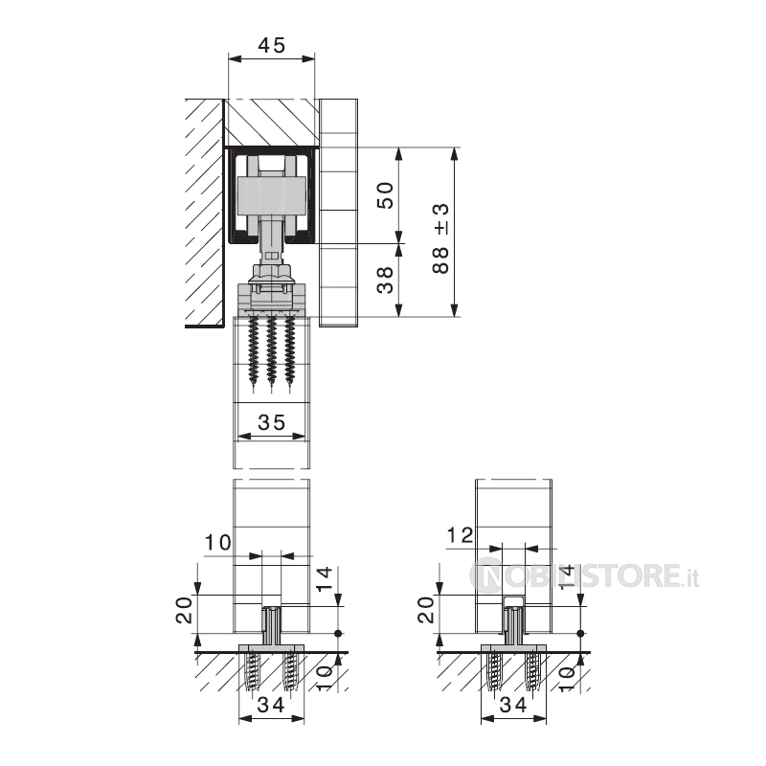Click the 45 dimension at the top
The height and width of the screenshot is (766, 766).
[271, 45]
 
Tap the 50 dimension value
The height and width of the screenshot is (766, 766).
[386, 195]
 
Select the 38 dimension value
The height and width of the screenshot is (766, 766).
[386, 280]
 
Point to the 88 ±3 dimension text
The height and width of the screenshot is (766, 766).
[440, 238]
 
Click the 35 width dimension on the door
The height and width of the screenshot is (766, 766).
[272, 422]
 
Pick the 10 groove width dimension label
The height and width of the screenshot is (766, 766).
[217, 543]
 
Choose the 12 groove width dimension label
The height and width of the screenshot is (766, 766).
[461, 535]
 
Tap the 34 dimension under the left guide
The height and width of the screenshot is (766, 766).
[271, 705]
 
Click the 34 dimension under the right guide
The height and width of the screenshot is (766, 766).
[513, 705]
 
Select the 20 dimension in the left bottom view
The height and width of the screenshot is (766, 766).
[184, 610]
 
